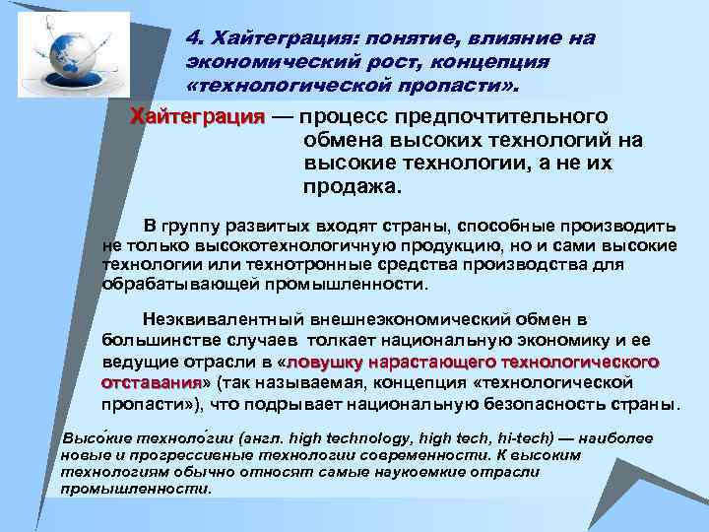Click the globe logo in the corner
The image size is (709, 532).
point(74,55)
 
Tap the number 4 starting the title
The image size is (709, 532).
point(192,37)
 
